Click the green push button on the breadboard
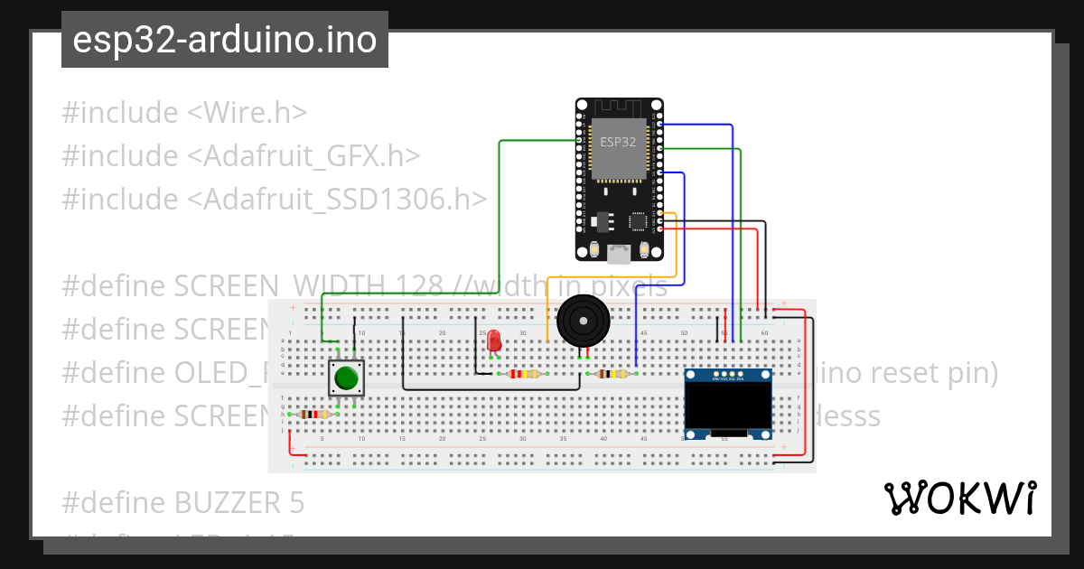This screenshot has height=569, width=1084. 344,378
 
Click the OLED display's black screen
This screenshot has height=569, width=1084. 727,405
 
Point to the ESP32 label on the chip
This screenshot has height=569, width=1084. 618,142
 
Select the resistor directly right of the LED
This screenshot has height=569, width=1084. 524,374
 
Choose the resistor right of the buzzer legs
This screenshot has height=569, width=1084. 612,374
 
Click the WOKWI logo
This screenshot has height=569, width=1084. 959,497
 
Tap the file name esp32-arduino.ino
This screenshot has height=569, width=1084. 224,41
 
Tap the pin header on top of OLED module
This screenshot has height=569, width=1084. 727,374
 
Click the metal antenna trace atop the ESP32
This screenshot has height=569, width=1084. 618,108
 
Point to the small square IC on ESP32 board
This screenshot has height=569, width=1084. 638,220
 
